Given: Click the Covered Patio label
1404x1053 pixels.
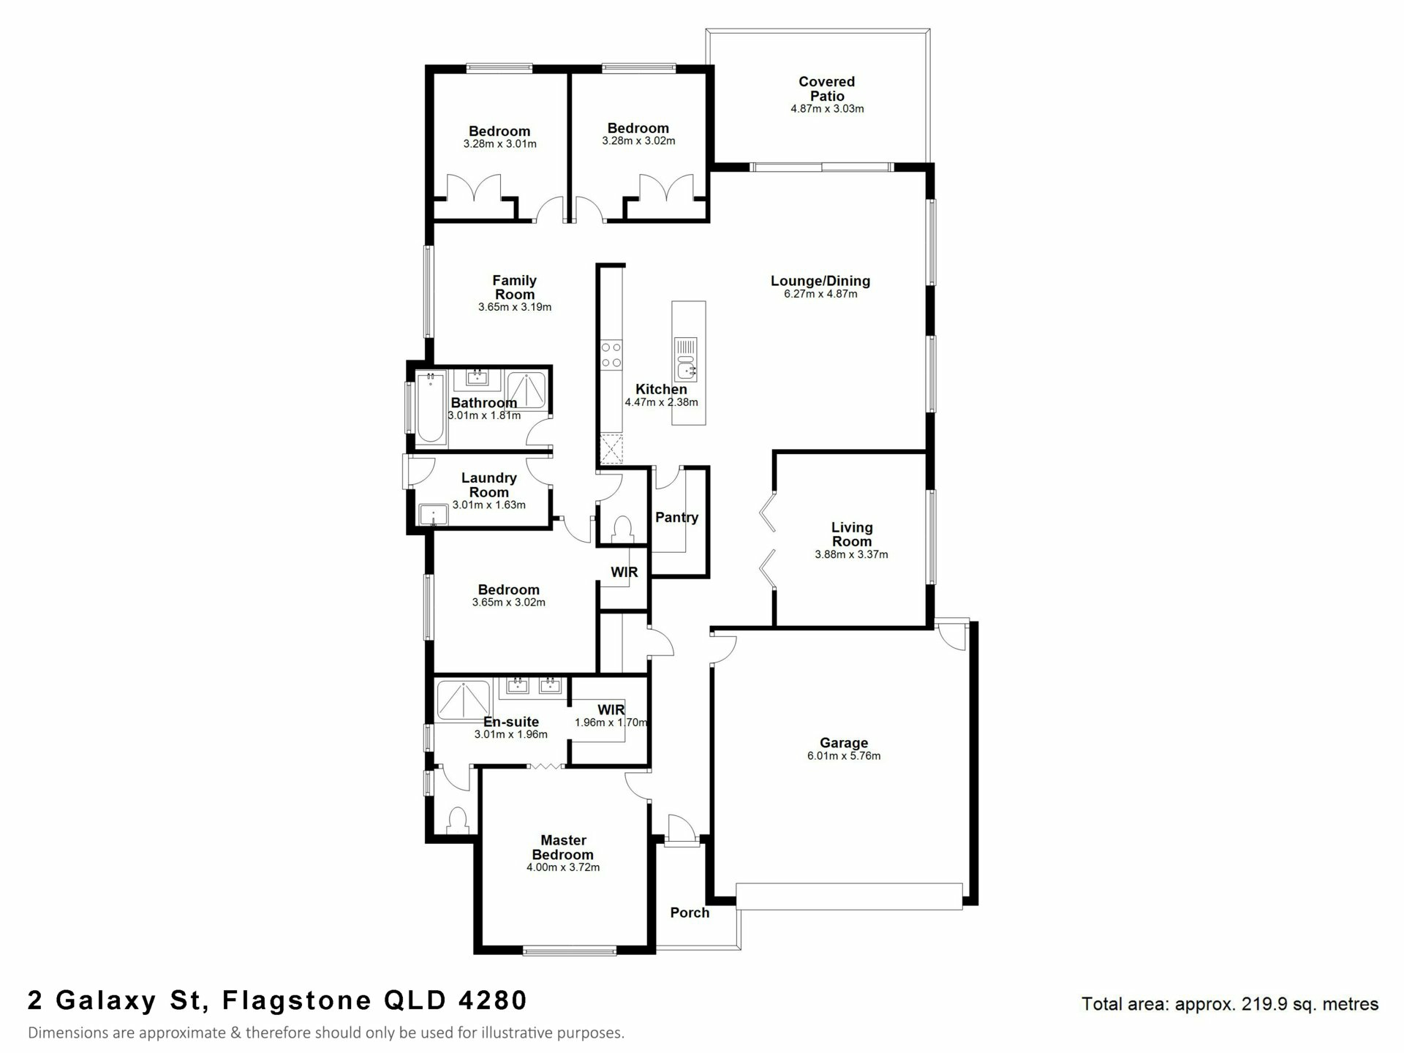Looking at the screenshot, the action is [x=826, y=88].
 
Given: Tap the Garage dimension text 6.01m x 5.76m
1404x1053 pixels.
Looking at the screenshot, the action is [x=844, y=755].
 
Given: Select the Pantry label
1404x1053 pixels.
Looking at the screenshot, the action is [x=676, y=517].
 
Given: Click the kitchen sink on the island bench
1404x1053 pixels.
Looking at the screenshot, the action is [x=686, y=360].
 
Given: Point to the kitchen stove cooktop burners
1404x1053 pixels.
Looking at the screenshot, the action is [x=611, y=355].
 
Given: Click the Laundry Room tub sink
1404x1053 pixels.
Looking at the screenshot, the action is [x=434, y=515].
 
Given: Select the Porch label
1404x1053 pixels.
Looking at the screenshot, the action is [x=690, y=913].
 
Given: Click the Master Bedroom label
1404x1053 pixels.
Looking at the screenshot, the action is [x=563, y=848].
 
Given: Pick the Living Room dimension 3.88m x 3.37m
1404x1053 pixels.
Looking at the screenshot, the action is [x=851, y=554].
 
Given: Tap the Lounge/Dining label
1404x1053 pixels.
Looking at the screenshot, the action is [x=820, y=281].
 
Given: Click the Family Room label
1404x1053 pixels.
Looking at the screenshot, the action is [x=515, y=287].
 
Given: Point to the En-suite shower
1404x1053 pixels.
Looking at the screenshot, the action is [x=463, y=699].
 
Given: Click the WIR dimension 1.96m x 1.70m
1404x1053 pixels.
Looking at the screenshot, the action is [x=611, y=722].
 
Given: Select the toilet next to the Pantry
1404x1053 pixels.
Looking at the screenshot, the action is [x=622, y=529].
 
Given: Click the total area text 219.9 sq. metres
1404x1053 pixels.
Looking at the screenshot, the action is [x=1310, y=1005].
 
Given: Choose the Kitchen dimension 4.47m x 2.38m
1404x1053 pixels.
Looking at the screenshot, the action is [x=661, y=402].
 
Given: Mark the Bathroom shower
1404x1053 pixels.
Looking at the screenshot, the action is [x=526, y=390].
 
